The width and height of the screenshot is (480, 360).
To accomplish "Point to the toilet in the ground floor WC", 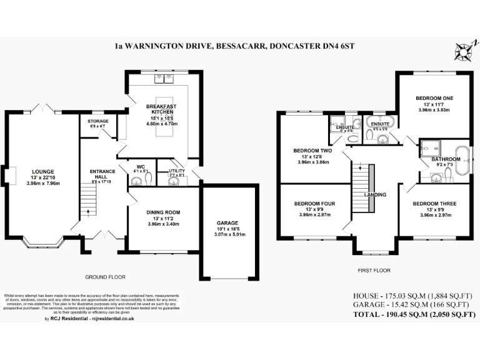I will point(148,179).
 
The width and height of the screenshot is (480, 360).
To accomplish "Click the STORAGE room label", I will point(97,121).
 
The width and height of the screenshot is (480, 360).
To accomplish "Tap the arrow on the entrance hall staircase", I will point(87,211).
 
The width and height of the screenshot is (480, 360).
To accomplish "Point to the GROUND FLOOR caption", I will point(105,276).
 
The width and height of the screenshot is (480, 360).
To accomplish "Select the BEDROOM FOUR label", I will point(314,204).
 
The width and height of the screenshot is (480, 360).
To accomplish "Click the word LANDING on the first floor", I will point(376,194).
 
